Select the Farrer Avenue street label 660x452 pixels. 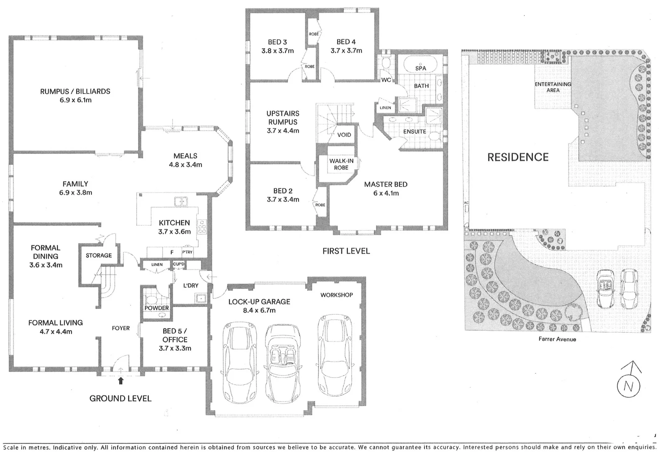click(x=557, y=339)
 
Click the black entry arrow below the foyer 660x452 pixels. click(x=121, y=380)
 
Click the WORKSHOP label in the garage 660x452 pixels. click(x=337, y=295)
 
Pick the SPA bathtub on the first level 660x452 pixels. click(x=420, y=66)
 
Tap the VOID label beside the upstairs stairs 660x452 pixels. click(x=344, y=135)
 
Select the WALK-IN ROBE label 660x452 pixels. click(x=341, y=164)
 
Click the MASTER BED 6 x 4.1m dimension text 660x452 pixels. click(x=386, y=193)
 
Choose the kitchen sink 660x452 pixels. click(x=181, y=201)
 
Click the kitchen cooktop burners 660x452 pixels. click(x=202, y=227)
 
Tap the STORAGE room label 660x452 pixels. click(x=99, y=255)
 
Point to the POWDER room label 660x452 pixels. click(x=157, y=308)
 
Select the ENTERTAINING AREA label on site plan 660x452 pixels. click(x=553, y=87)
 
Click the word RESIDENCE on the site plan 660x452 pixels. click(x=518, y=157)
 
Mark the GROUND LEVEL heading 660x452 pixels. click(x=120, y=398)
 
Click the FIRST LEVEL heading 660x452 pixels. click(x=346, y=251)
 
